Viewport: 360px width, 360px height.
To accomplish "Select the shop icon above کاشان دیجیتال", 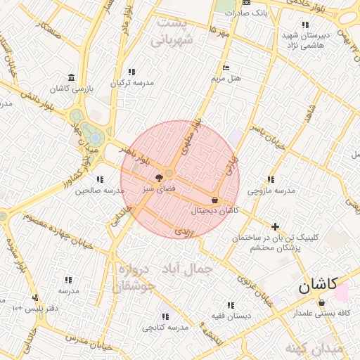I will click(214, 200).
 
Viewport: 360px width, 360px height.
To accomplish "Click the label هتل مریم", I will click(226, 77).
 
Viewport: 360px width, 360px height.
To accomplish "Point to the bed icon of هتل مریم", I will click(226, 67).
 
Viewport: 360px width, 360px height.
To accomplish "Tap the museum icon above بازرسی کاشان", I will click(71, 77).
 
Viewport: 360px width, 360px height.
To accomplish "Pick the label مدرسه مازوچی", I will click(271, 190).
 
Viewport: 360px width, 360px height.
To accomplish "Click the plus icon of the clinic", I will click(275, 226).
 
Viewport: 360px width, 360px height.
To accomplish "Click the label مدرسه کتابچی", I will click(165, 327).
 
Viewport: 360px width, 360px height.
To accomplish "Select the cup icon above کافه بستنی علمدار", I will click(322, 303).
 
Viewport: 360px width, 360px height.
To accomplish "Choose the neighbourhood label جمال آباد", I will click(186, 269).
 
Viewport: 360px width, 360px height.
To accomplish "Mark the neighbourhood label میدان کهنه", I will click(314, 349).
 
